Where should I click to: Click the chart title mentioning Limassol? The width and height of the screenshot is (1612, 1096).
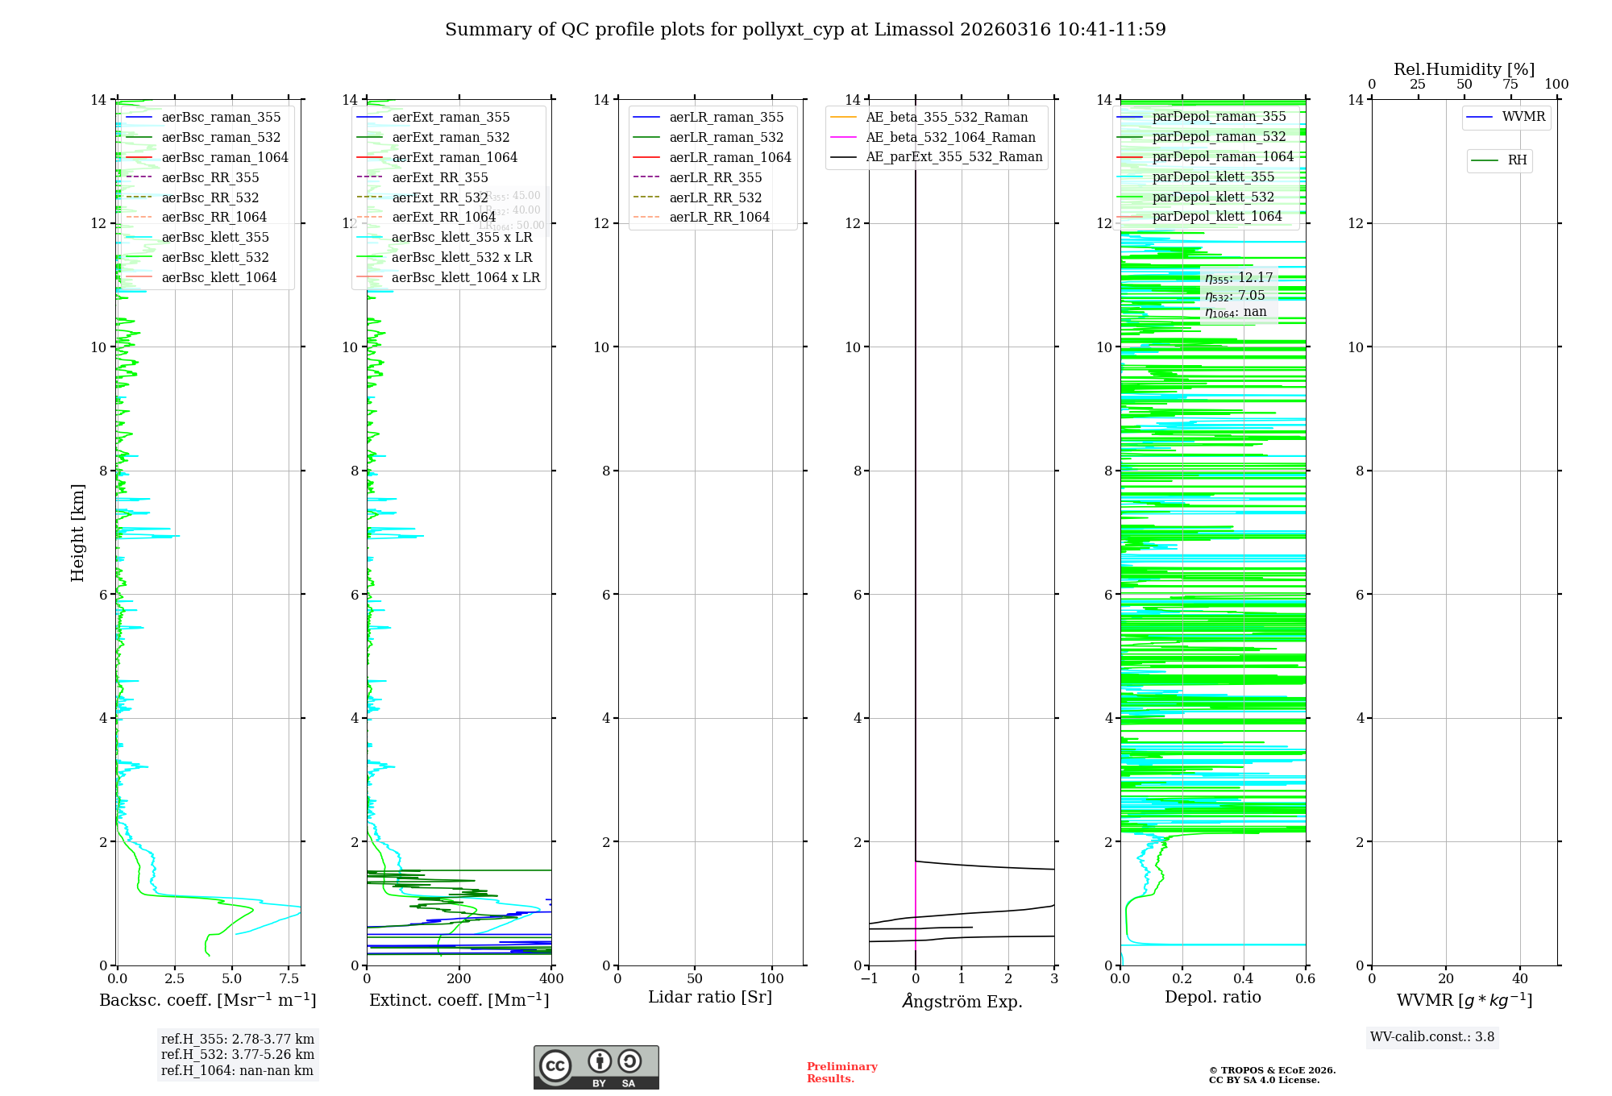[805, 30]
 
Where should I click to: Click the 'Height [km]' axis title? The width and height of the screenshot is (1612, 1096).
[77, 532]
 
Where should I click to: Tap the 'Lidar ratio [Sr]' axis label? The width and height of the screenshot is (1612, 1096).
[710, 997]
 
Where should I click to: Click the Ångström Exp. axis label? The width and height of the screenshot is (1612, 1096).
[962, 1001]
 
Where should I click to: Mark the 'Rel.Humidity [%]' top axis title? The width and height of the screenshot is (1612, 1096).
[1464, 69]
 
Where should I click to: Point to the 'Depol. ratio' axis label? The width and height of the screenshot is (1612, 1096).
[1212, 997]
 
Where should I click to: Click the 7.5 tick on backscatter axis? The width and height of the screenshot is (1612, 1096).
[289, 979]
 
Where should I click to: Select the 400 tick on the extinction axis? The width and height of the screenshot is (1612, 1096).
[551, 979]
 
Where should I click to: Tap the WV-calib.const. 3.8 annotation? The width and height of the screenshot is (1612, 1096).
[1431, 1036]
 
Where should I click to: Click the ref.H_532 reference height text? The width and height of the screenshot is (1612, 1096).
[237, 1054]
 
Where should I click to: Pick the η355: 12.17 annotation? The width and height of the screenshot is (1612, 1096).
[1239, 278]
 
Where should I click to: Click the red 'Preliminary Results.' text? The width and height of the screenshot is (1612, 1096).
[841, 1072]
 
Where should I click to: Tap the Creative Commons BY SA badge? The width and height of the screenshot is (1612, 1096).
[596, 1067]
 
